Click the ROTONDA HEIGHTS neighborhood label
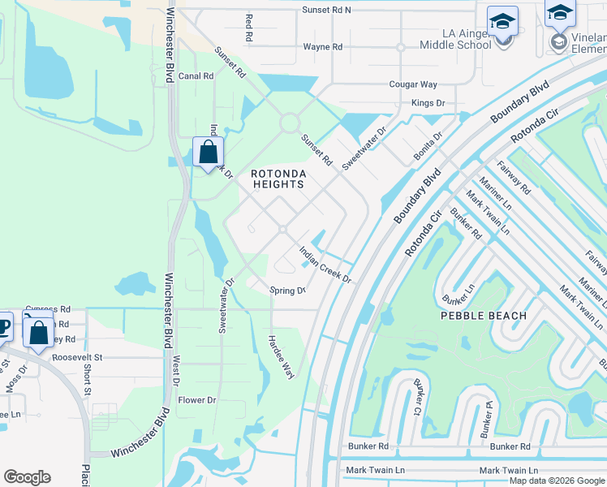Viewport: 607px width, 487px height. click(277, 179)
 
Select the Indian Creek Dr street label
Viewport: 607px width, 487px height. click(325, 265)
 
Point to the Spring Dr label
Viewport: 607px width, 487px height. click(287, 291)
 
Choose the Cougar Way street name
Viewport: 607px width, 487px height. click(413, 84)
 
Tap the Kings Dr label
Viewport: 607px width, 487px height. click(428, 103)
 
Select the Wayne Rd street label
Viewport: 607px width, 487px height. click(323, 47)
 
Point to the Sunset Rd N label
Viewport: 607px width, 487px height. click(326, 10)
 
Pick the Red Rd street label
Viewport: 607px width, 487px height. click(249, 28)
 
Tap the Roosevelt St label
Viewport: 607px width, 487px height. click(77, 356)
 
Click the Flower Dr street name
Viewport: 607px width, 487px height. click(197, 400)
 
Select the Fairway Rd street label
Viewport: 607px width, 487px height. click(513, 178)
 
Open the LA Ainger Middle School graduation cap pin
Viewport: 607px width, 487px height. click(502, 22)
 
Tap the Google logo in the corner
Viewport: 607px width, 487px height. click(27, 477)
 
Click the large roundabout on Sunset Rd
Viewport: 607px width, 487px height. click(290, 123)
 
